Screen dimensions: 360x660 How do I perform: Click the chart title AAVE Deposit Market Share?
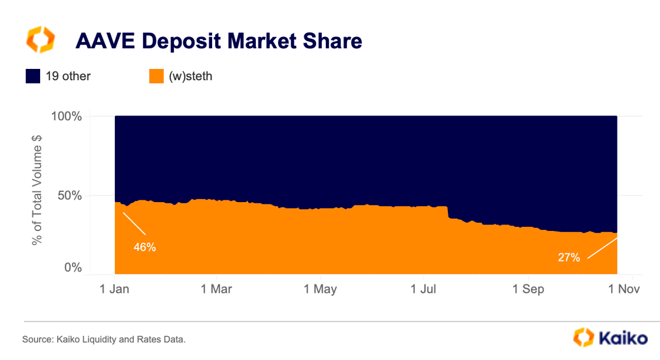click(x=218, y=41)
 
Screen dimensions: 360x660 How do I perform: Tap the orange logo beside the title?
click(x=40, y=39)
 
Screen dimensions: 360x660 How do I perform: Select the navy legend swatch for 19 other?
click(x=33, y=76)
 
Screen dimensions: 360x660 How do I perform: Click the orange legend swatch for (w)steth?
click(x=156, y=76)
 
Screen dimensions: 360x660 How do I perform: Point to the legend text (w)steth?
click(x=190, y=76)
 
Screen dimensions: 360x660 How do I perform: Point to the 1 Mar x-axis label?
click(x=217, y=289)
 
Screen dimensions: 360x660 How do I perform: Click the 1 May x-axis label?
click(x=321, y=289)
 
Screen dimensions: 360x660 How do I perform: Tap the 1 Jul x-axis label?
click(x=423, y=289)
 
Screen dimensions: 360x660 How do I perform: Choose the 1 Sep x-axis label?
click(x=529, y=289)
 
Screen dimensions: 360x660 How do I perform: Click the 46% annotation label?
click(x=144, y=247)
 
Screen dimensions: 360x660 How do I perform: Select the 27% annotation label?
click(x=569, y=257)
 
